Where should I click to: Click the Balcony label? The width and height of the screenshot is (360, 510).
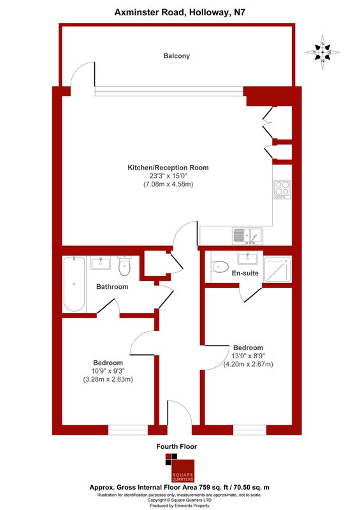[176, 56]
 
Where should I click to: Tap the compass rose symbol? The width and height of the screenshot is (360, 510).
[322, 52]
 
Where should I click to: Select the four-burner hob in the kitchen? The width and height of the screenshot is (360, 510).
[282, 189]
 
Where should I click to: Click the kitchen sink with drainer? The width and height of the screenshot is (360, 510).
[247, 235]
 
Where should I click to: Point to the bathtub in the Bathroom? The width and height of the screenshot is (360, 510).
[75, 284]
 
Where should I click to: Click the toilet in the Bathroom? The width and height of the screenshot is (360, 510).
[124, 266]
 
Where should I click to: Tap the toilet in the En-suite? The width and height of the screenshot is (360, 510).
[220, 266]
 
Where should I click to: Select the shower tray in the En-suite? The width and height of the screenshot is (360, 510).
[277, 269]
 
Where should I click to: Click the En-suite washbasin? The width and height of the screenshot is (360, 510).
[248, 258]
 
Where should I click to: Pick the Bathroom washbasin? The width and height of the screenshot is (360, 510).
[101, 263]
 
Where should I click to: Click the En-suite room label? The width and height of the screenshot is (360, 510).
[245, 273]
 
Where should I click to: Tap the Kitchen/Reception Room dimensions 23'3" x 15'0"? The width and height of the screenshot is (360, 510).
[168, 176]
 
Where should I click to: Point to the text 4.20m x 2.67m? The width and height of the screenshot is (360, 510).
[248, 364]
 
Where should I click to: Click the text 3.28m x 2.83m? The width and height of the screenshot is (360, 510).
[108, 379]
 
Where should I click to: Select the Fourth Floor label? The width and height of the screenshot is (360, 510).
[176, 447]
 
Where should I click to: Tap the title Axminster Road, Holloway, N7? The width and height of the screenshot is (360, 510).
[180, 13]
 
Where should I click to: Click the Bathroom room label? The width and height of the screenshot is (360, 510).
[112, 287]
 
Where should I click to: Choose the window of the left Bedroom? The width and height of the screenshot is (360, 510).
[128, 430]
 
